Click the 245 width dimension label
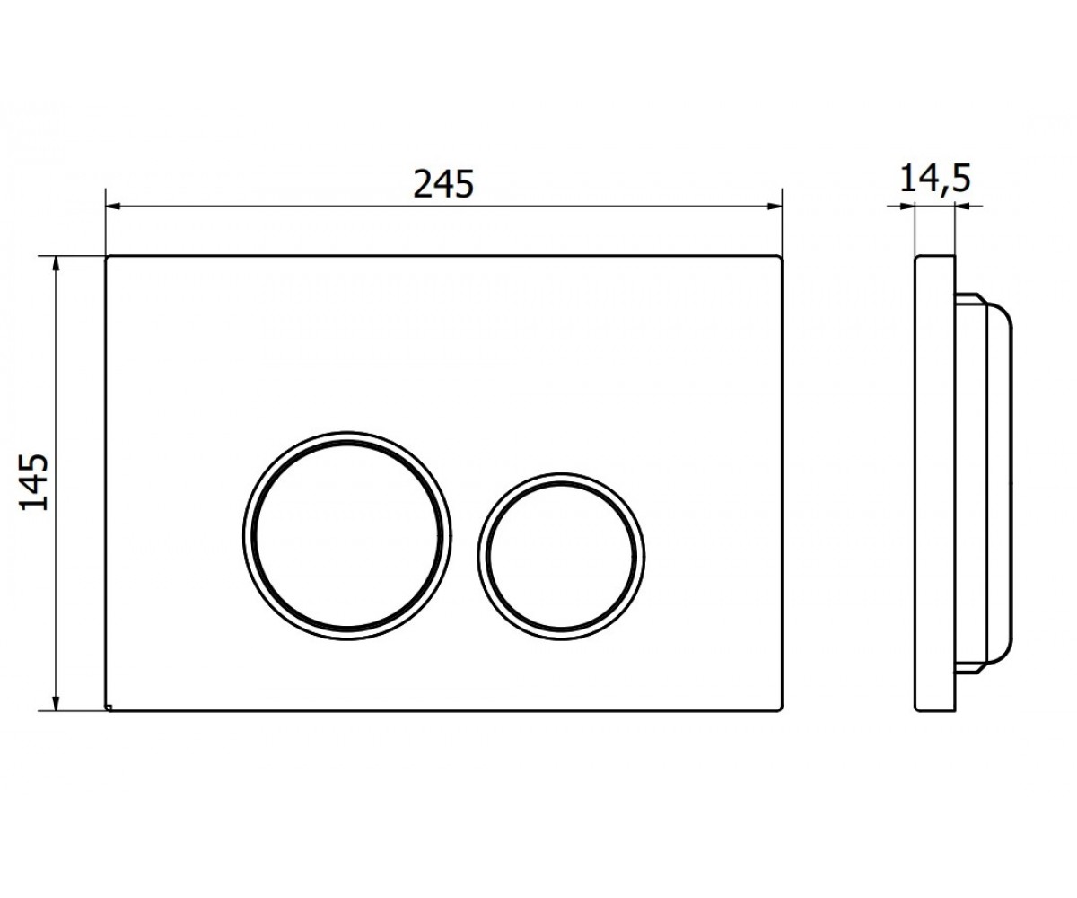click(443, 184)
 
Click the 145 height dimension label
click(35, 482)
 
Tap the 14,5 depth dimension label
click(935, 179)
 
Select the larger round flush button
click(347, 535)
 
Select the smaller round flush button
click(561, 557)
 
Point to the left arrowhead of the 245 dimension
click(113, 207)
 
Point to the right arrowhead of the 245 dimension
click(775, 207)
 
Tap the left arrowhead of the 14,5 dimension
click(907, 207)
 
